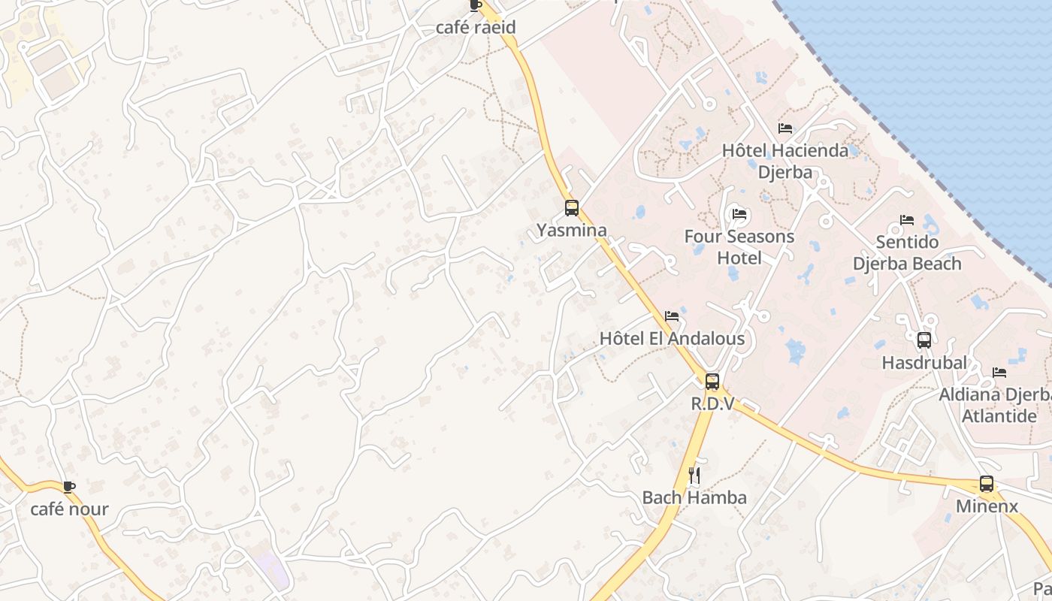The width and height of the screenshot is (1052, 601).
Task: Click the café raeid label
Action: (x=476, y=28)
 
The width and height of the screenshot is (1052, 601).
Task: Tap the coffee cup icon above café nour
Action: (x=69, y=487)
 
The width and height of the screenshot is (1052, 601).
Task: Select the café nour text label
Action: (x=69, y=509)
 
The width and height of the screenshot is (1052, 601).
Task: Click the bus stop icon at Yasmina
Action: (x=572, y=208)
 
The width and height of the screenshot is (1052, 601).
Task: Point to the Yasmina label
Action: (x=572, y=230)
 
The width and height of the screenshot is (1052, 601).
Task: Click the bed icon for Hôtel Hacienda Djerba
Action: (x=785, y=128)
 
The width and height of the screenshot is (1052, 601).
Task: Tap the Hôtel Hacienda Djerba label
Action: (x=785, y=161)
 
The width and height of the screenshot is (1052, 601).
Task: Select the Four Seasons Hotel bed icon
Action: (x=739, y=215)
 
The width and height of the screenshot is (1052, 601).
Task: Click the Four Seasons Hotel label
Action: (x=739, y=247)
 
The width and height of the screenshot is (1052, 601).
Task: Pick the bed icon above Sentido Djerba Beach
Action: (x=907, y=220)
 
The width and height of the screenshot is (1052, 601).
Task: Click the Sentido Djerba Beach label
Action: (x=907, y=253)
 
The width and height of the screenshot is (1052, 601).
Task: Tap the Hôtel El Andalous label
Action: (x=672, y=339)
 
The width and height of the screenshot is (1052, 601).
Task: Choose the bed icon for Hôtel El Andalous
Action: (x=672, y=316)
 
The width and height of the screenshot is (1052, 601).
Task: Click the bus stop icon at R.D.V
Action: (x=712, y=382)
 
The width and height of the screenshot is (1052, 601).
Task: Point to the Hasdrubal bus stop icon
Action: (x=924, y=340)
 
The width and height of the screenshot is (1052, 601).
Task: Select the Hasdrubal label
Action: (x=924, y=363)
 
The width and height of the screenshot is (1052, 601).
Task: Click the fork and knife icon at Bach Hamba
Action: (x=694, y=475)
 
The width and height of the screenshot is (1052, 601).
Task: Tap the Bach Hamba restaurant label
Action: (x=694, y=497)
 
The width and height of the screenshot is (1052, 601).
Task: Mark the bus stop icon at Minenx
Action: (x=987, y=485)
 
